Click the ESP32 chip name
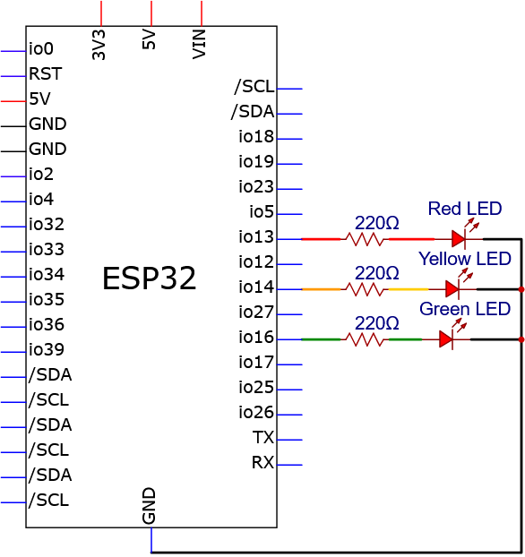[150, 278]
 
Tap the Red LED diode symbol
[459, 239]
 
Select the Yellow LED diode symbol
[452, 289]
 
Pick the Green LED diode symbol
[446, 339]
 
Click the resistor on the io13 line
[365, 239]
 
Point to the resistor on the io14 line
[365, 289]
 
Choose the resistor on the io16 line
[365, 339]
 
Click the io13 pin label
[256, 237]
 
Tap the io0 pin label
[41, 48]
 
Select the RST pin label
[46, 74]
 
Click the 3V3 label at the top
[99, 45]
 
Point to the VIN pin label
[199, 45]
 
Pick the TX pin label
[263, 438]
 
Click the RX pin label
[262, 462]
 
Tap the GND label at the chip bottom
[149, 506]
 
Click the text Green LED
[465, 309]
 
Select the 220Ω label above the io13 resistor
[377, 223]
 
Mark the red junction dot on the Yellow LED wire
[521, 289]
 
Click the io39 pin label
[47, 350]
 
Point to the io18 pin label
[256, 137]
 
